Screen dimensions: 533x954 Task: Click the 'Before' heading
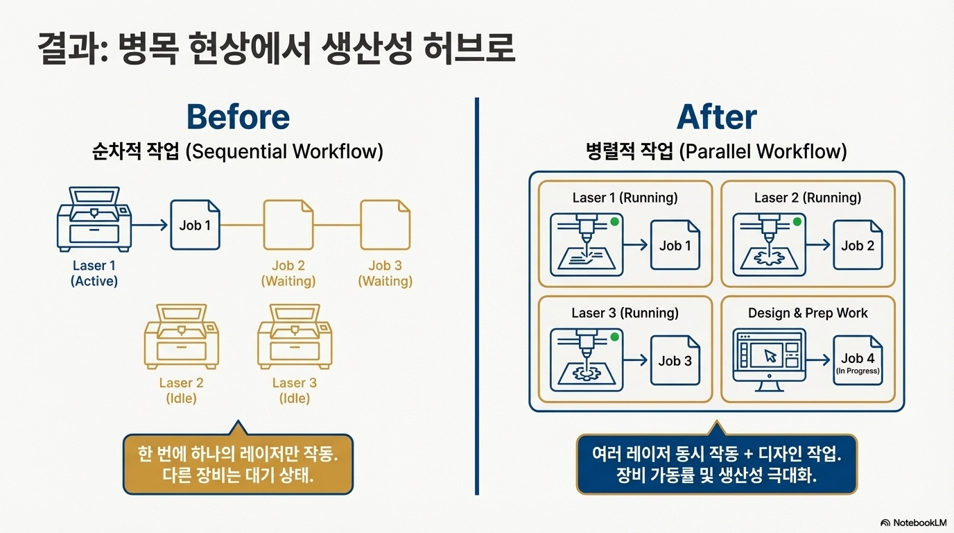click(x=238, y=117)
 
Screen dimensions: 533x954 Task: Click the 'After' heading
click(x=716, y=117)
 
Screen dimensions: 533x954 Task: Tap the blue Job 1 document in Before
click(x=195, y=224)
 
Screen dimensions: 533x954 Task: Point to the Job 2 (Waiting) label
click(x=288, y=273)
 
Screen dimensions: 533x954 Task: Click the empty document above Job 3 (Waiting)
click(x=385, y=224)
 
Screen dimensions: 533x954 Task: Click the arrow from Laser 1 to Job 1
click(x=150, y=224)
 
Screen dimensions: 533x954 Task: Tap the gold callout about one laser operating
click(x=238, y=464)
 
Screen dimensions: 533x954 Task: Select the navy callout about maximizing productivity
click(x=716, y=464)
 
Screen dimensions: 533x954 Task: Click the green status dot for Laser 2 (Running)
click(x=797, y=221)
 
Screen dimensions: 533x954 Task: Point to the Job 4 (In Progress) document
click(x=858, y=359)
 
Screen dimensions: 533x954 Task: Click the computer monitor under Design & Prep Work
click(x=769, y=357)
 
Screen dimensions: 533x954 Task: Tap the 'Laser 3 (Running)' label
click(x=625, y=313)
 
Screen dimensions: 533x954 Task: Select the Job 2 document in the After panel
click(x=858, y=245)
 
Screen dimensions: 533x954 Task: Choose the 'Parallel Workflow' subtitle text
click(x=763, y=151)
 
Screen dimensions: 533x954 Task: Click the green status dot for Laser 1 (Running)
click(x=614, y=221)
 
